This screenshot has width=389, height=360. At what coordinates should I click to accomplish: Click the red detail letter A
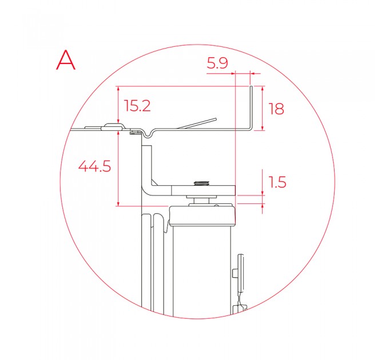point(65,60)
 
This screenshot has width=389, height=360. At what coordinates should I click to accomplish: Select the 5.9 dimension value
point(217,63)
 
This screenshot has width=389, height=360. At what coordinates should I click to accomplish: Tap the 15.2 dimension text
point(137,106)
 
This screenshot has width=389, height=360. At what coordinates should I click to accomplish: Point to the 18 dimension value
point(276,109)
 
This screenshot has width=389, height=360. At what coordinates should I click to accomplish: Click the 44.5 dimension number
point(94,166)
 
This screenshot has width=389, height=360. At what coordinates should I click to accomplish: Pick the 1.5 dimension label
point(277,182)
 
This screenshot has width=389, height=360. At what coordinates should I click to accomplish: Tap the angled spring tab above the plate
point(197,123)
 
